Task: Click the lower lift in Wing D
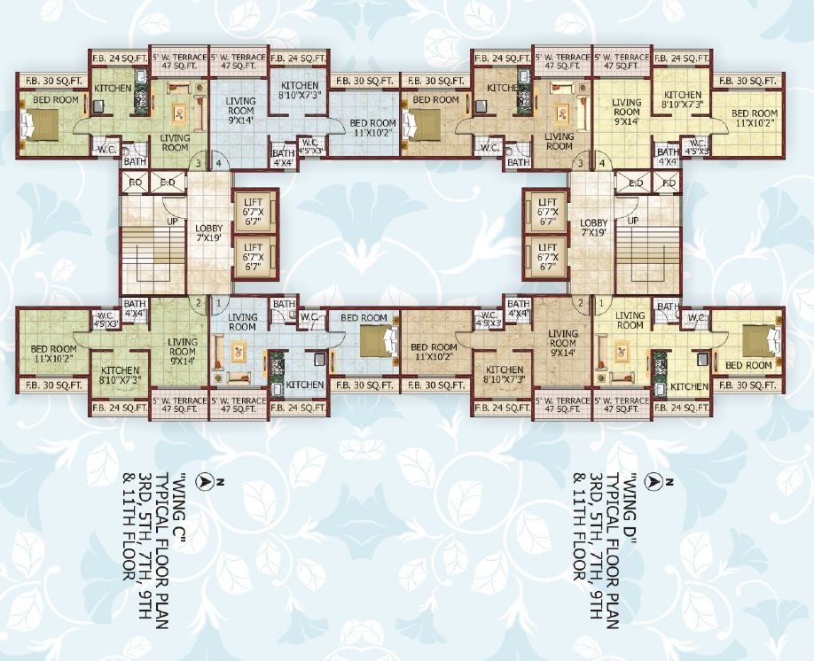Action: tap(547, 258)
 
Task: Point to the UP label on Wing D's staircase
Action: tap(632, 220)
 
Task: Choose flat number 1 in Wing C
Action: tap(218, 303)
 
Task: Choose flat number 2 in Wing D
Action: tap(582, 303)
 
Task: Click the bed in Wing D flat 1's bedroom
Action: tap(757, 340)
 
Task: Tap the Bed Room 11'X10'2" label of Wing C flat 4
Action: tap(372, 128)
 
